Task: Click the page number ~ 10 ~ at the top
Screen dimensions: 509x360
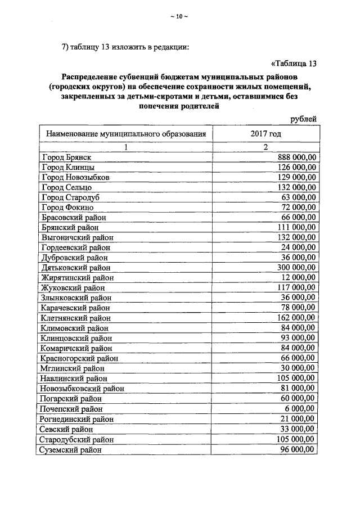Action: point(179,16)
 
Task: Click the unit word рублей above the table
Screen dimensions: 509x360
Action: point(304,119)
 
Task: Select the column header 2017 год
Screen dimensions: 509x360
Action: point(265,134)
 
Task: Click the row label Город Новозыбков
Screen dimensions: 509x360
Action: point(75,177)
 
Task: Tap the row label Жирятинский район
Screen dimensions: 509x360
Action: point(77,278)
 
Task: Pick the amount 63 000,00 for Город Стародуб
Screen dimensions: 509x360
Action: point(299,197)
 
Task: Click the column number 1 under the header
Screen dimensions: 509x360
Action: point(126,147)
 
